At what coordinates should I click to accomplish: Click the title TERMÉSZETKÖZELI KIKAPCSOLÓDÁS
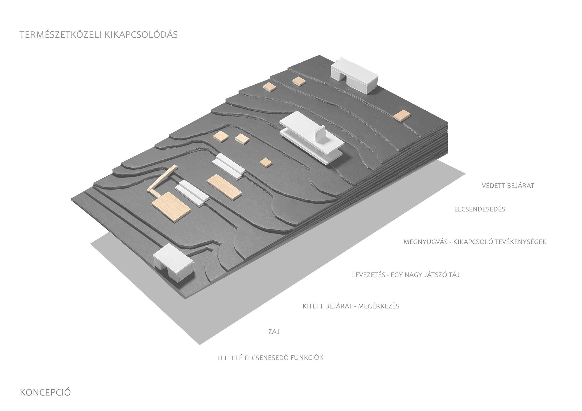(x=99, y=35)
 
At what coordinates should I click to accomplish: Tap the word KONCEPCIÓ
(x=45, y=392)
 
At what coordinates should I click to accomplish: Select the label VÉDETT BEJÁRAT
(x=508, y=186)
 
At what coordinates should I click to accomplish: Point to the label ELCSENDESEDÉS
(x=480, y=209)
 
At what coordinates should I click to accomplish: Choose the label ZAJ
(x=274, y=332)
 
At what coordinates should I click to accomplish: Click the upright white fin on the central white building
(x=321, y=134)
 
